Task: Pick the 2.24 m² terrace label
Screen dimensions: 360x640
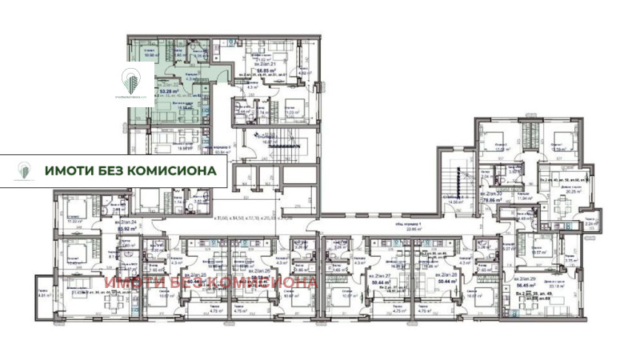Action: (x=590, y=225)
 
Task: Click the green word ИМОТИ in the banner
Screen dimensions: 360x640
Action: (x=70, y=170)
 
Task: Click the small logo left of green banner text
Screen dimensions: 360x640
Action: (x=25, y=170)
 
